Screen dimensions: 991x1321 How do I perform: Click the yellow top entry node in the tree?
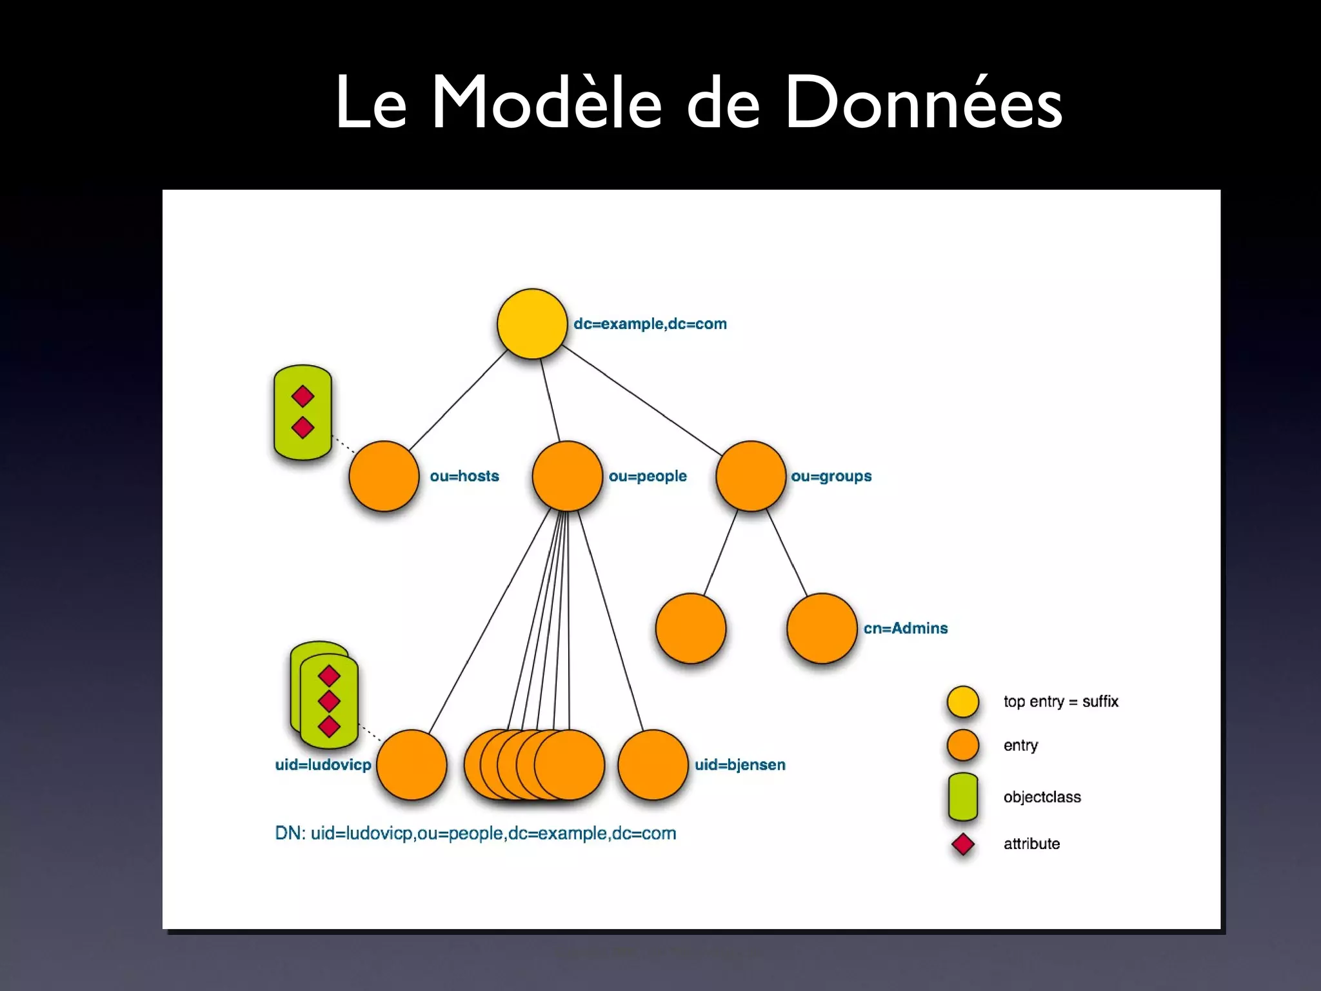click(532, 324)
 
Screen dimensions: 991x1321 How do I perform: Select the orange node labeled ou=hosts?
click(384, 476)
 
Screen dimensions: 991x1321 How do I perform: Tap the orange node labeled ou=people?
click(567, 476)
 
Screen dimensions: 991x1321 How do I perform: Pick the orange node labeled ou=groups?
click(751, 476)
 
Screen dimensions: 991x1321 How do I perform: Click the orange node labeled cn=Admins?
click(822, 628)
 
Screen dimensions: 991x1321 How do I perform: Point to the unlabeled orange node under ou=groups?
click(690, 628)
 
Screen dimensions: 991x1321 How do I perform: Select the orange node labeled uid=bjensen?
click(653, 765)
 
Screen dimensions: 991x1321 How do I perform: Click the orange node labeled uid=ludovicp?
click(412, 765)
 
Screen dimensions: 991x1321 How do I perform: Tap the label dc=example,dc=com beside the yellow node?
click(650, 324)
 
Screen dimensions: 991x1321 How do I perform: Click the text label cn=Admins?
click(906, 628)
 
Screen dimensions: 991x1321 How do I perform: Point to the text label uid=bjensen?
click(740, 765)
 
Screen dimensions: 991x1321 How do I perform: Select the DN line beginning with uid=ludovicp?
click(475, 834)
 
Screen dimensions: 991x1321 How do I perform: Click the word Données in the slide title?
click(923, 103)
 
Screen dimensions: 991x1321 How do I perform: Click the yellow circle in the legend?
click(962, 702)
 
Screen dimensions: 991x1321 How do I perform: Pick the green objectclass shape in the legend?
click(962, 797)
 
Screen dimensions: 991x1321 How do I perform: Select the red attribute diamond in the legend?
click(962, 844)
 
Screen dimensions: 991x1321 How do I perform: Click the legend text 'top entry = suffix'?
click(1060, 702)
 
